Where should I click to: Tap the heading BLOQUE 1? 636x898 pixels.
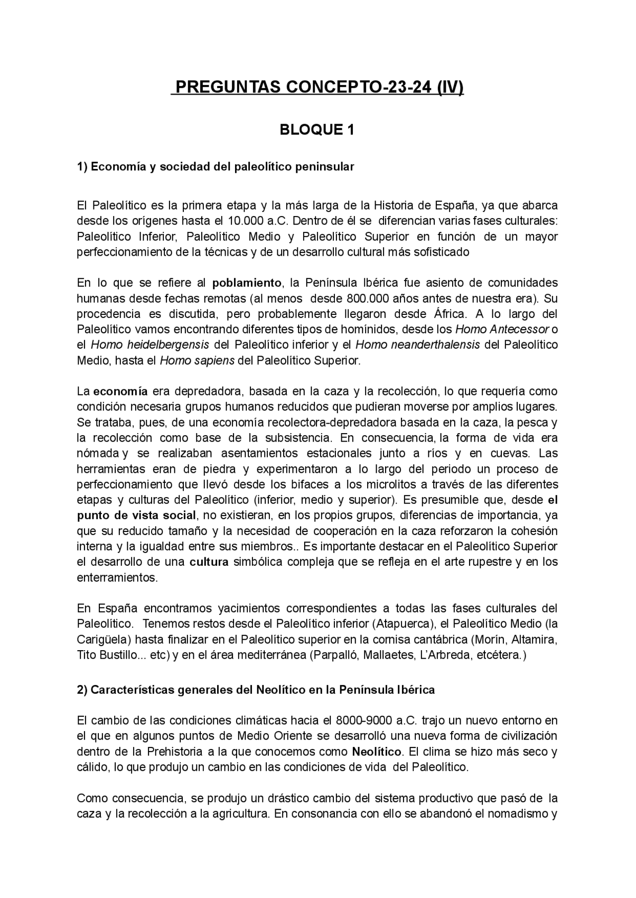(317, 130)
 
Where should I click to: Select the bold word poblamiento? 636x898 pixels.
(246, 283)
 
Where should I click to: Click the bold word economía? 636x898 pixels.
(120, 391)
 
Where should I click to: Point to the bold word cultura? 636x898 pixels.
(209, 562)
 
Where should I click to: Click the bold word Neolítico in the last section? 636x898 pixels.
(376, 751)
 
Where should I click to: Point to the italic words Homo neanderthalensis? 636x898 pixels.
(417, 345)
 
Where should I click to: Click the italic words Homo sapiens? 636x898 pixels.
(197, 361)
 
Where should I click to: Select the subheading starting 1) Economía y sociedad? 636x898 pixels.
(215, 167)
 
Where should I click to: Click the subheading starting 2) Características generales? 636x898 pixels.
(255, 690)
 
